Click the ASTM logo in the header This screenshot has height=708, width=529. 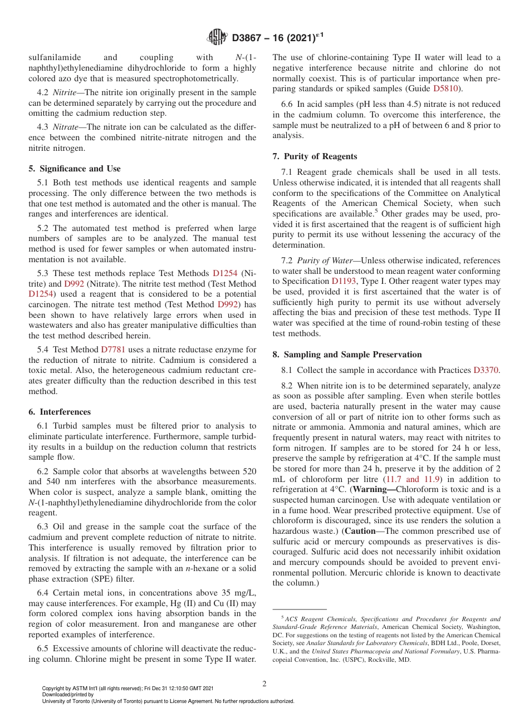coord(217,37)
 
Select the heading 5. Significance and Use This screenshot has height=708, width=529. coord(74,169)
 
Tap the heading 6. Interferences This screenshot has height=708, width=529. coord(60,412)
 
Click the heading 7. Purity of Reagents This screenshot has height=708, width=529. coord(315,156)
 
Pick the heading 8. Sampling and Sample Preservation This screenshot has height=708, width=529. coord(347,355)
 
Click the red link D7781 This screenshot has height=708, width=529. coord(113,350)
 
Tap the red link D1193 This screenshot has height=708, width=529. coord(344,282)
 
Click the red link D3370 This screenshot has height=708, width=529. coord(486,370)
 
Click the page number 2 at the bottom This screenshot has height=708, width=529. coord(264,684)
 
